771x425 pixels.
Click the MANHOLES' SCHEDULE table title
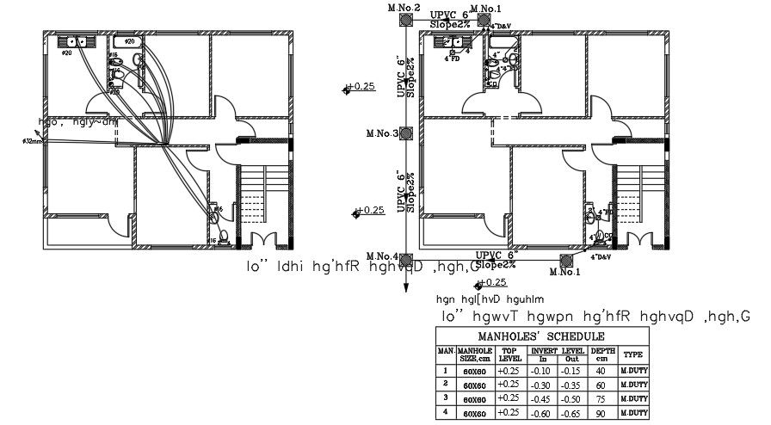pyautogui.click(x=541, y=336)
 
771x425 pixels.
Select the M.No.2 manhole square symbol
pyautogui.click(x=404, y=22)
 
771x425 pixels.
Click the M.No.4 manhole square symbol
pyautogui.click(x=404, y=258)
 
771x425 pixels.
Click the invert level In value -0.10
pyautogui.click(x=542, y=369)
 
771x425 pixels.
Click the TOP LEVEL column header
pyautogui.click(x=510, y=354)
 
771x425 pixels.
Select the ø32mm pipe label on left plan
pyautogui.click(x=33, y=142)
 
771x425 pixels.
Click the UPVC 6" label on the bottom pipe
pyautogui.click(x=496, y=256)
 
